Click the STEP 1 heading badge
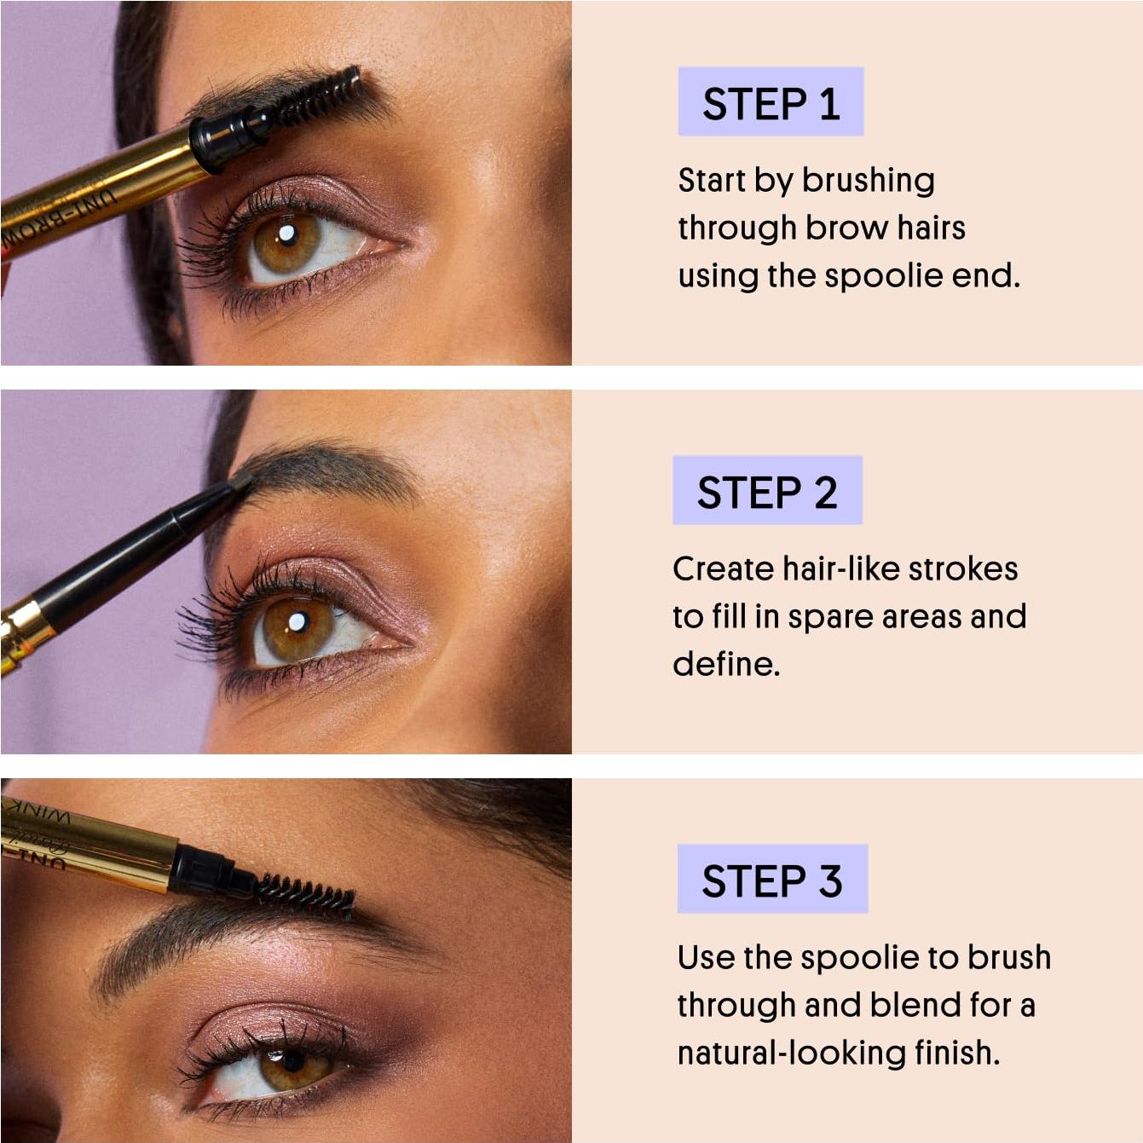pos(771,102)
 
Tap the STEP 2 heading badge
pos(767,491)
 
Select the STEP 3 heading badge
pos(772,880)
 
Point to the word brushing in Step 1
pos(868,181)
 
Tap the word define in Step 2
pos(724,664)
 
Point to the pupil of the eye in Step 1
pos(287,234)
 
